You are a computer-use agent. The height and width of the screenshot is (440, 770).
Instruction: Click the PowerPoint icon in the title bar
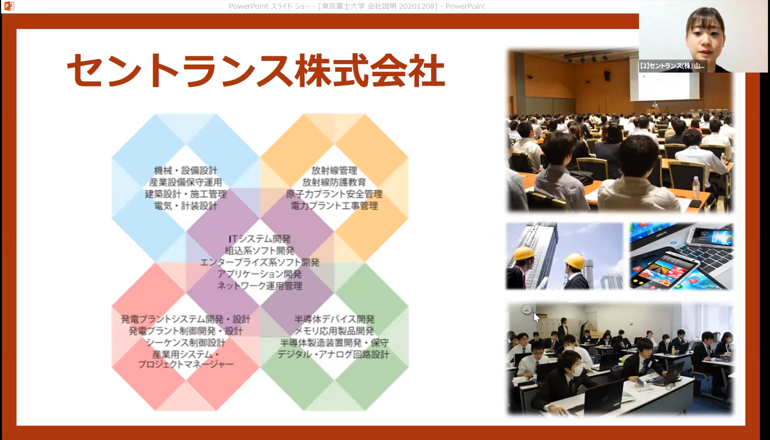(9, 6)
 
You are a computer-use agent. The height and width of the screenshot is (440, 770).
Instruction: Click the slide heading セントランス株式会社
(256, 70)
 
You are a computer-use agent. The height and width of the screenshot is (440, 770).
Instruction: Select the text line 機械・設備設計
(186, 170)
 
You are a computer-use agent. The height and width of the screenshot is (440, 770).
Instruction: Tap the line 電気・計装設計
(186, 206)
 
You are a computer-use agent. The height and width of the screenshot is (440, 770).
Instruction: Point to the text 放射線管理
(334, 170)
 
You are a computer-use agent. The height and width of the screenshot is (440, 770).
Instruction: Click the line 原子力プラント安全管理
(334, 194)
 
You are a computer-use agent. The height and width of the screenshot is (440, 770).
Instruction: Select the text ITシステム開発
(260, 239)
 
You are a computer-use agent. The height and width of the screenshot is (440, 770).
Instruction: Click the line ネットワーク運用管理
(260, 285)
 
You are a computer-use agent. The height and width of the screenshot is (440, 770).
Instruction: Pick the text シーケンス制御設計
(186, 343)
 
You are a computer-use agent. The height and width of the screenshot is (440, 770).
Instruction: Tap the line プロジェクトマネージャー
(186, 364)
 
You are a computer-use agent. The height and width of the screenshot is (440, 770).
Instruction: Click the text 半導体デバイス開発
(334, 320)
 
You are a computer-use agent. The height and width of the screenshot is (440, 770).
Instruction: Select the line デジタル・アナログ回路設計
(333, 354)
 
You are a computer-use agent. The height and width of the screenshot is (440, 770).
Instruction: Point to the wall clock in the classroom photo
(527, 310)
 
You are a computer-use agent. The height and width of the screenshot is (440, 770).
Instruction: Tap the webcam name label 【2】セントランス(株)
(672, 66)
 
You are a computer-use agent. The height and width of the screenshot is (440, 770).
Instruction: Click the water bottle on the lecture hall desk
(696, 188)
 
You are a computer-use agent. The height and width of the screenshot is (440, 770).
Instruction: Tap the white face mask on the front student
(577, 370)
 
